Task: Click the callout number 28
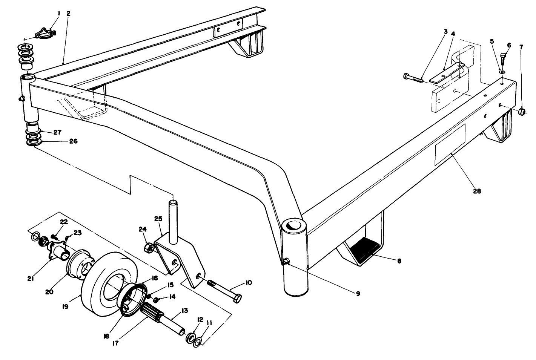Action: (x=477, y=191)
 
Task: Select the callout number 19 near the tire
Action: (x=65, y=307)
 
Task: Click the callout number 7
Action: (x=522, y=47)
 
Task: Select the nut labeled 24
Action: (x=148, y=248)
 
